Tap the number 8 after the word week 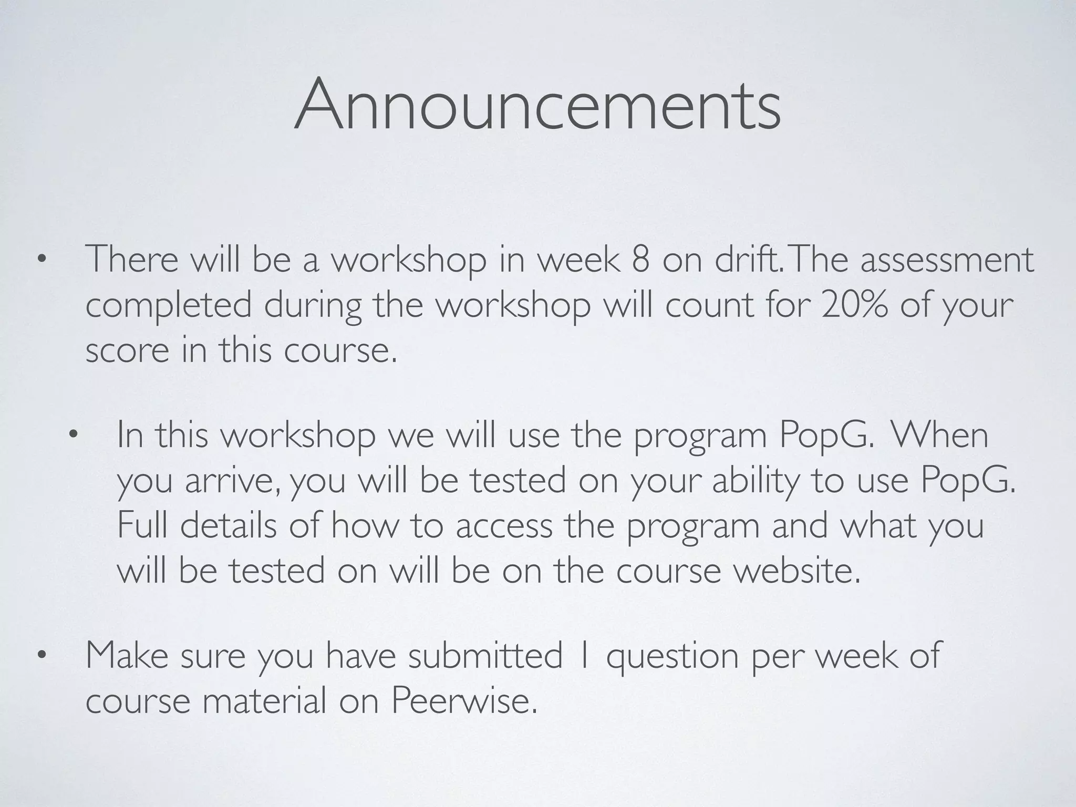[x=640, y=260]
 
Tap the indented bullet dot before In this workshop [x=73, y=435]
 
